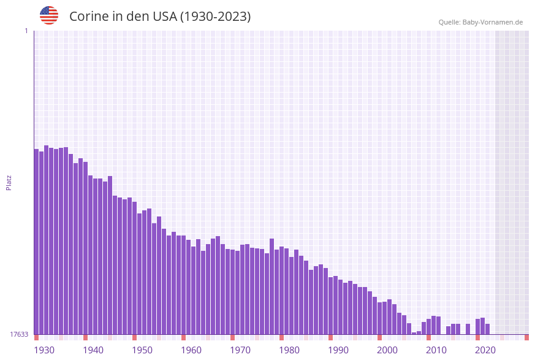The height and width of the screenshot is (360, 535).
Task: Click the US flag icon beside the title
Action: [49, 15]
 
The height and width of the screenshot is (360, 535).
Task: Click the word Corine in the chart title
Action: [88, 17]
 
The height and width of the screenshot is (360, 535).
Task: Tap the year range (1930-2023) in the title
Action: [215, 17]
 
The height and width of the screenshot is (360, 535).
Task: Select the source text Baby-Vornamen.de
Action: [493, 22]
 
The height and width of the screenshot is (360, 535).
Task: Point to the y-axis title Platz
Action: [9, 182]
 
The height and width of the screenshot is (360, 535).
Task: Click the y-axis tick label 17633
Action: [19, 334]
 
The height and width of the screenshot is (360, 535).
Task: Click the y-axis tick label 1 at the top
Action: [26, 31]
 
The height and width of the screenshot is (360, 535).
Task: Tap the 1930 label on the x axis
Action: [44, 350]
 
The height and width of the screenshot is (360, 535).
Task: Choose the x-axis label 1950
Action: [142, 350]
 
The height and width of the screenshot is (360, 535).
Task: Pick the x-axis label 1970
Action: [240, 350]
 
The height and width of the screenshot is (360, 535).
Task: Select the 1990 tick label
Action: [338, 350]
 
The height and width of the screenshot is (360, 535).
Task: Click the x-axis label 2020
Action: [485, 350]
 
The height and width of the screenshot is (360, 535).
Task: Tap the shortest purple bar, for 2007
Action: [414, 333]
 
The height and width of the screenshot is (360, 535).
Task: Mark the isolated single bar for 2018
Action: [468, 329]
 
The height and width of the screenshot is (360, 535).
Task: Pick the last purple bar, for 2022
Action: [488, 329]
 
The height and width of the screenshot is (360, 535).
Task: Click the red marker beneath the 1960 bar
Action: [184, 337]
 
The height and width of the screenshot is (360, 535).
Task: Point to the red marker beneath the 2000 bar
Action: [380, 337]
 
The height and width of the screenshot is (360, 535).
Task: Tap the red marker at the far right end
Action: [526, 337]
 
